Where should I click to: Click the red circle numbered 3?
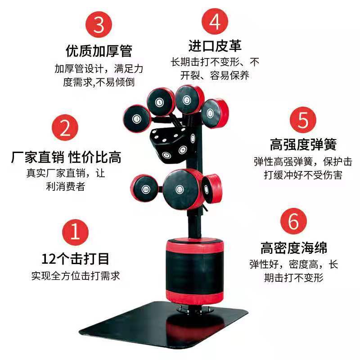[x=99, y=25]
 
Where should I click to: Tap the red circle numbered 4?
[x=215, y=21]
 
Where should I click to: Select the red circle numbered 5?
[x=303, y=120]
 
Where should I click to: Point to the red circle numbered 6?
[x=294, y=221]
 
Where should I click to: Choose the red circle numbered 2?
[x=65, y=128]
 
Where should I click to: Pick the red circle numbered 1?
[x=75, y=232]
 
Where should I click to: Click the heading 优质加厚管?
[x=99, y=51]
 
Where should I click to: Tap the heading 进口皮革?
[x=215, y=46]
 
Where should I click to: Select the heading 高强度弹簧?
[x=303, y=144]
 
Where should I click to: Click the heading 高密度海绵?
[x=294, y=248]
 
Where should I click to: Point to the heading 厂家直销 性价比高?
[x=66, y=157]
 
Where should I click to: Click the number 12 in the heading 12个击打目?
[x=49, y=259]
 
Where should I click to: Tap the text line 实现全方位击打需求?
[x=76, y=276]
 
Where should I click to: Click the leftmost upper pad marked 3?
[x=137, y=118]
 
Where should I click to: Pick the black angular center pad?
[x=172, y=144]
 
